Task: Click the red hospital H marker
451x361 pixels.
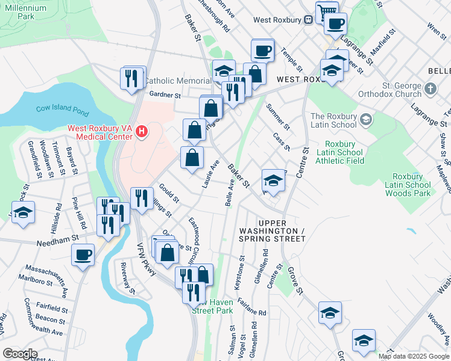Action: point(142,131)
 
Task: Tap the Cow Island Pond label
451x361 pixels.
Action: point(53,111)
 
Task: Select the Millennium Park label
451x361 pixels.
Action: point(25,12)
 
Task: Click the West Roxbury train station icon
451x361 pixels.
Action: point(307,20)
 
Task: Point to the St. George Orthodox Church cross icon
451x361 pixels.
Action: point(429,89)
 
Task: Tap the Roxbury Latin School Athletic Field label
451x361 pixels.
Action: point(344,153)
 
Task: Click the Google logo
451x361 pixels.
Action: point(20,354)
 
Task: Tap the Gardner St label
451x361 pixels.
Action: point(165,95)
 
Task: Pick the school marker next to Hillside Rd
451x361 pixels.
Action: point(24,213)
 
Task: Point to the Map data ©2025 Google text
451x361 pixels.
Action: point(414,356)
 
